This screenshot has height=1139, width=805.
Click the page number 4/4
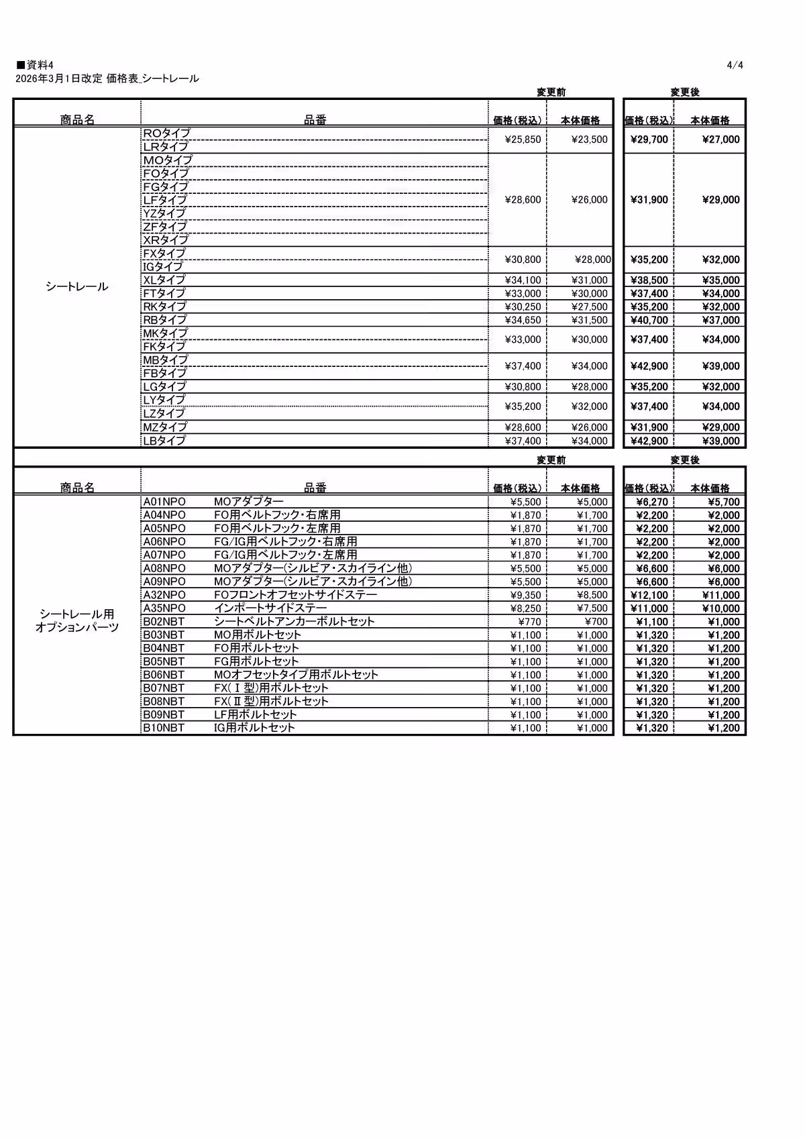[x=735, y=65]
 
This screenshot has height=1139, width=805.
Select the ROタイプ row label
[x=166, y=133]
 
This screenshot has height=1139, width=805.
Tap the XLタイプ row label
[x=164, y=280]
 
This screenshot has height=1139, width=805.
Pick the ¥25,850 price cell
[x=523, y=140]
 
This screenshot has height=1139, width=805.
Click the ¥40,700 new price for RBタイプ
[x=649, y=320]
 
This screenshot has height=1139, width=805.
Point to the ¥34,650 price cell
[x=523, y=320]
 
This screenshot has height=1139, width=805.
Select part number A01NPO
[x=164, y=502]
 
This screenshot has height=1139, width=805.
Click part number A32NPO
[x=164, y=595]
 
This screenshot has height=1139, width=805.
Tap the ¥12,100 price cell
[x=649, y=595]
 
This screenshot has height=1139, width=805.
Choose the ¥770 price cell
[x=529, y=622]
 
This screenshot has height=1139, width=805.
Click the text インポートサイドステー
[x=270, y=608]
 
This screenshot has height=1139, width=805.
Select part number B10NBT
[x=164, y=728]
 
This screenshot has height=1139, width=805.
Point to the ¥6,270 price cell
[x=651, y=502]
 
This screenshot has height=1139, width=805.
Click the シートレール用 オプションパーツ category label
[x=76, y=620]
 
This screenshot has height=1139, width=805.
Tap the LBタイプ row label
[x=164, y=441]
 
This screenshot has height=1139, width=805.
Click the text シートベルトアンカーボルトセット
[x=294, y=622]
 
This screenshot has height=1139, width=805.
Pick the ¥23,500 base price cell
[x=589, y=140]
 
